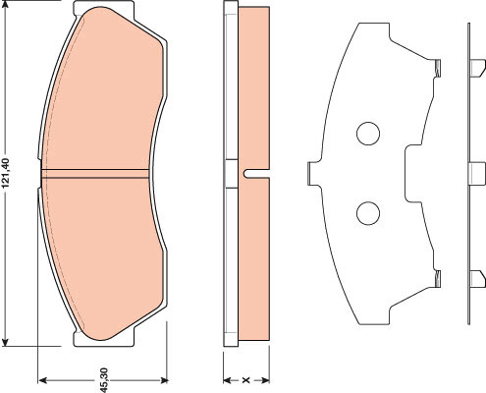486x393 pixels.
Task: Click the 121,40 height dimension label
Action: coord(7,174)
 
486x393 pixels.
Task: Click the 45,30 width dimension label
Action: coord(104,380)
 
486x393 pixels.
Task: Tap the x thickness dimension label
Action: coord(245,380)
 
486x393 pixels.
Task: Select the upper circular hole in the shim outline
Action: coord(368,134)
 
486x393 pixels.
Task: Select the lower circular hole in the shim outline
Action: coord(368,213)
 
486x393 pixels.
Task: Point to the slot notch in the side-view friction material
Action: coord(256,174)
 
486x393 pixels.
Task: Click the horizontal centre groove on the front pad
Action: coord(95,174)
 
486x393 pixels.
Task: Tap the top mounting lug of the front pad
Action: coord(104,8)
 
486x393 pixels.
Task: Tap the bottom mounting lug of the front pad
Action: coord(104,338)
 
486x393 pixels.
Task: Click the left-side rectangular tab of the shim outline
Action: coord(313,174)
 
